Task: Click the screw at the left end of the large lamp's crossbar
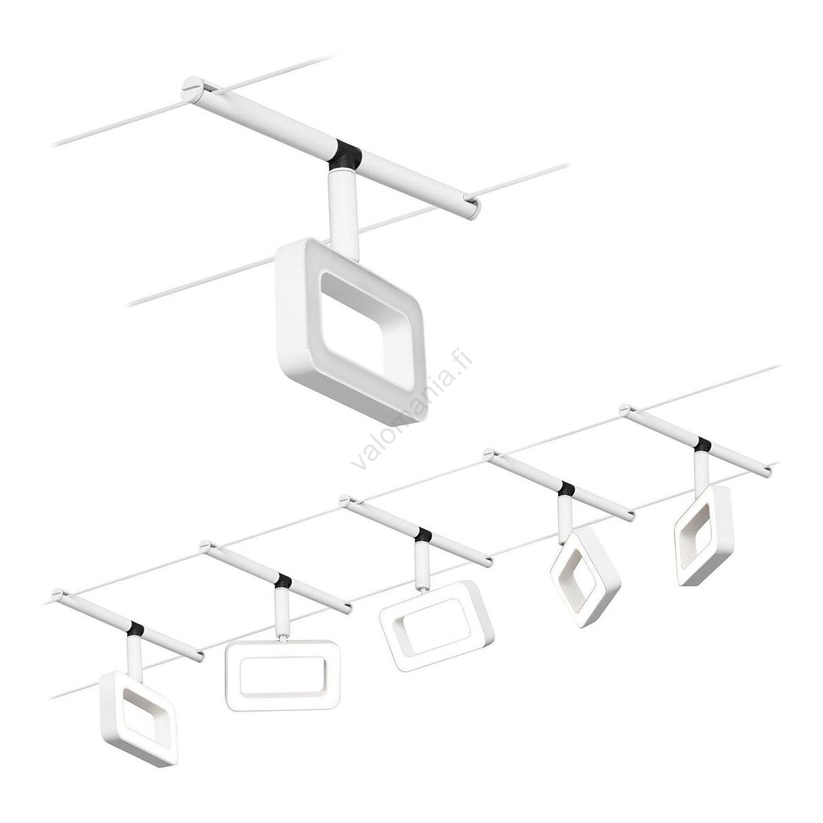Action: (189, 86)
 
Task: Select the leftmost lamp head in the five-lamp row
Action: (140, 719)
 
